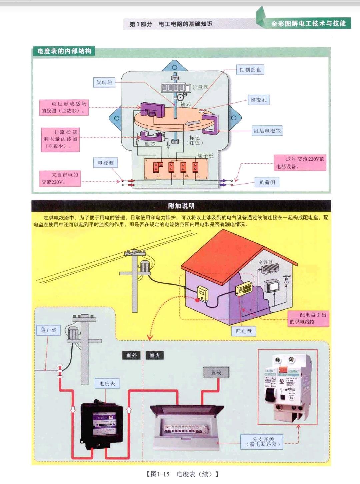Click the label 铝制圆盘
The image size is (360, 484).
(250, 70)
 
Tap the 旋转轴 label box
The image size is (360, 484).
(104, 82)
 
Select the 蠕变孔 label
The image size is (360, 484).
(258, 100)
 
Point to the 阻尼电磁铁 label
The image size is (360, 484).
(267, 131)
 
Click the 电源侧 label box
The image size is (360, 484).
(106, 163)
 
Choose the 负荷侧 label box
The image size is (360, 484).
(267, 182)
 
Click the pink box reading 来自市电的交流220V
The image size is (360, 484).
(60, 178)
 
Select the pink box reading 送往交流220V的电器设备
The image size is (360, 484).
(300, 163)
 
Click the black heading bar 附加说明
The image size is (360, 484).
(181, 206)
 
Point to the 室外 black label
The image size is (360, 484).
(132, 355)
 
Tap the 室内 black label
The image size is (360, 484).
(155, 355)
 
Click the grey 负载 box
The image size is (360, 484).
(216, 373)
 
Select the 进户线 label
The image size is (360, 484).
(49, 330)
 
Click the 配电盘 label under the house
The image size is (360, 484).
(244, 331)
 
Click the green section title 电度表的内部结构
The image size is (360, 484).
(64, 51)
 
